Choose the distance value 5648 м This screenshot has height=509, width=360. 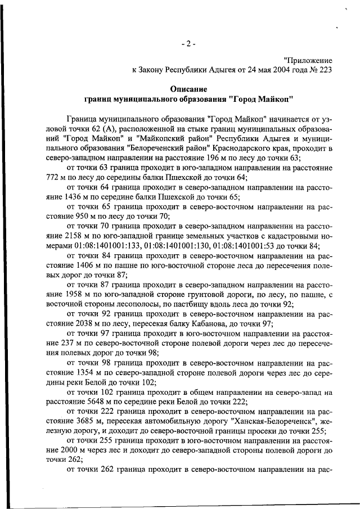110,402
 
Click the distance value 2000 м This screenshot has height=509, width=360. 83,451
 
